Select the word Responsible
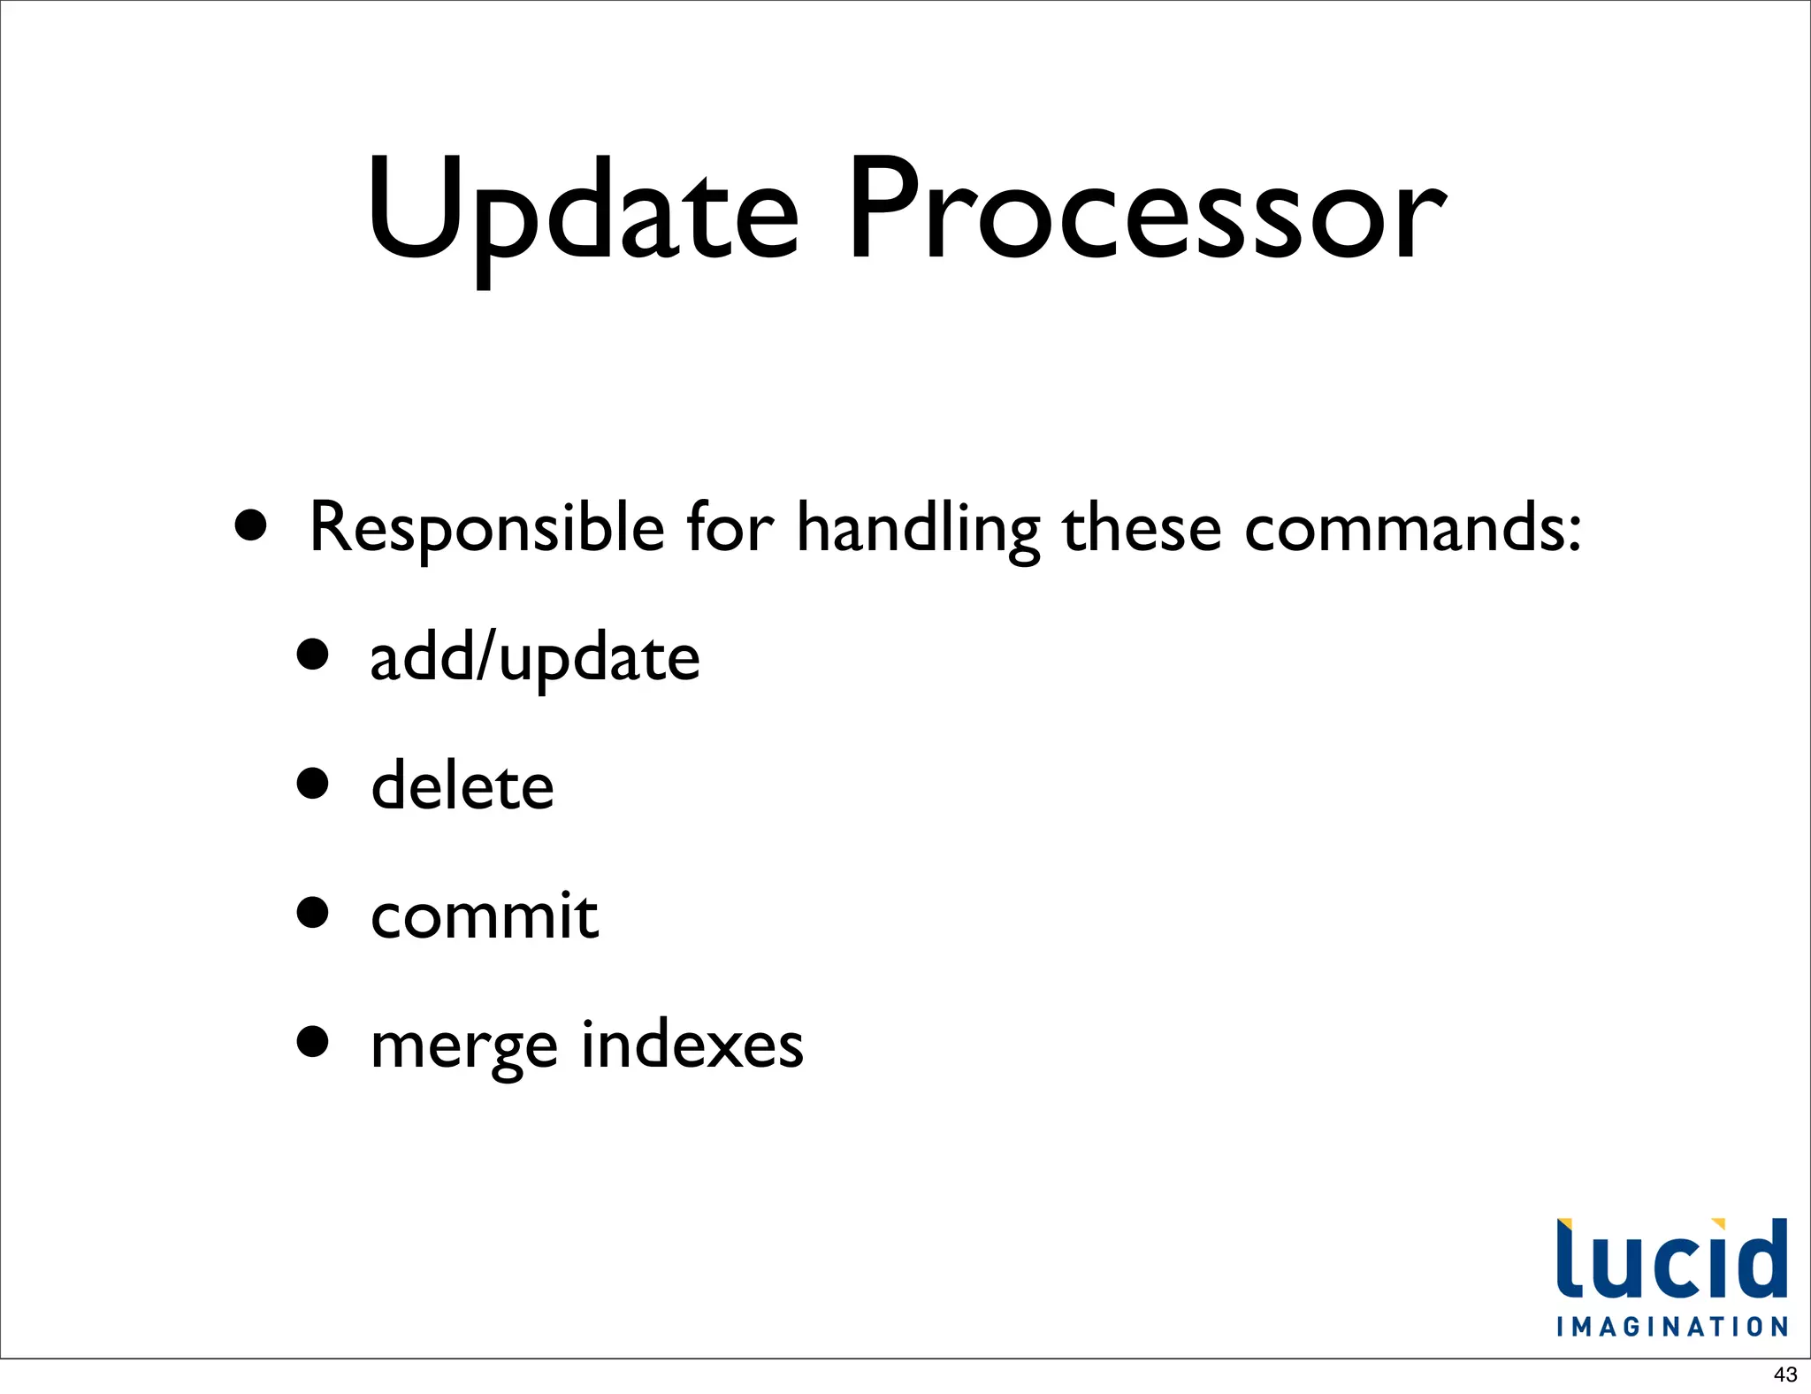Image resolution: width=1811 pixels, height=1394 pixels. click(x=486, y=529)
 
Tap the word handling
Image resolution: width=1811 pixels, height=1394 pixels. click(x=918, y=529)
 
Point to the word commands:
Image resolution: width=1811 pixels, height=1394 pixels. click(x=1412, y=529)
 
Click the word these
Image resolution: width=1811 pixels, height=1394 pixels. click(x=1142, y=529)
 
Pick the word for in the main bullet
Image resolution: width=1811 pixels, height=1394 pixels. click(x=730, y=529)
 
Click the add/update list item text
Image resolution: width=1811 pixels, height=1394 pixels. click(x=534, y=659)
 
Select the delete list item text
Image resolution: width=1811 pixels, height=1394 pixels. click(x=462, y=786)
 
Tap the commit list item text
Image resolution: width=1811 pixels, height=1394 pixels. click(x=484, y=915)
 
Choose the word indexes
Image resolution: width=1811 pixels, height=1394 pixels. click(x=692, y=1044)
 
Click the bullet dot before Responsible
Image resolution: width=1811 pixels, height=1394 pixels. click(x=251, y=525)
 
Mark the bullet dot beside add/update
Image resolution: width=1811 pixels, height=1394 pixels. click(x=313, y=655)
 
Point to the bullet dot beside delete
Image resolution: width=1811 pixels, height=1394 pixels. click(x=313, y=783)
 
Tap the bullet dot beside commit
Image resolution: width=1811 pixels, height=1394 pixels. click(x=313, y=912)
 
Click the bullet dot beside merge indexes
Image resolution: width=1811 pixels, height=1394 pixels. click(x=313, y=1041)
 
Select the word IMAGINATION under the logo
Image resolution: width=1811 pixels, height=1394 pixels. click(x=1672, y=1327)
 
